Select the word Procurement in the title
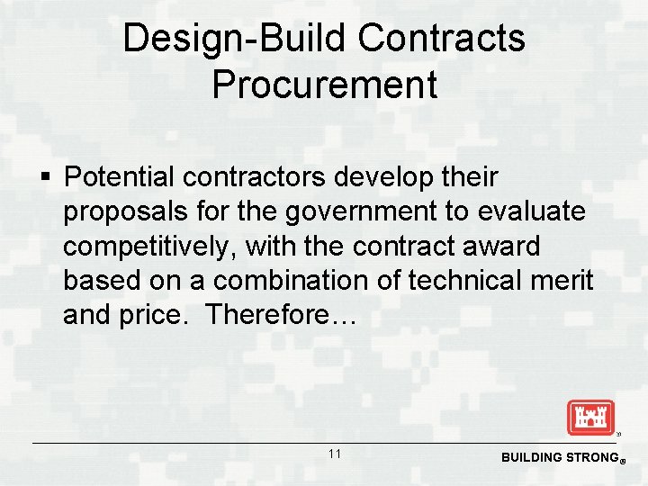(x=324, y=85)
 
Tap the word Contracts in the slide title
(x=441, y=39)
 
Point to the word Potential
(x=121, y=177)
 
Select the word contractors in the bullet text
(x=256, y=177)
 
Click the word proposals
(x=125, y=212)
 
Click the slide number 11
(x=335, y=454)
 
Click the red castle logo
(x=590, y=418)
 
